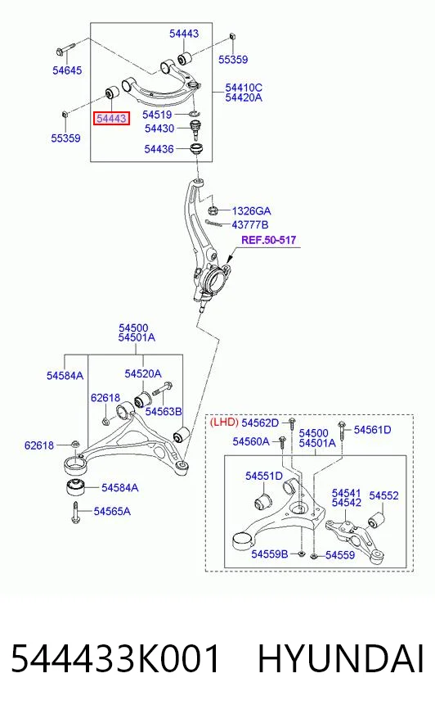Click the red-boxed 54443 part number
pos(111,119)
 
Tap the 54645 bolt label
pos(67,70)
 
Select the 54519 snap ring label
pos(157,115)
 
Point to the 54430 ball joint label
pos(159,129)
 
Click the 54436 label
pos(159,149)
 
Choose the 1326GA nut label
pos(251,210)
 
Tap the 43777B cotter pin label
pos(250,224)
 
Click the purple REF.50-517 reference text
pos(269,240)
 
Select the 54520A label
pos(143,374)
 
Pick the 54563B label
pos(164,412)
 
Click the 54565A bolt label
pos(112,512)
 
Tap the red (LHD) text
pos(224,423)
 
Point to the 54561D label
pos(372,430)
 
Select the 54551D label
pos(264,476)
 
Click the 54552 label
pos(383,495)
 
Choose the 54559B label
pos(270,554)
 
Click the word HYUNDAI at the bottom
pos(341,659)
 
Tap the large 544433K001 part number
pos(115,659)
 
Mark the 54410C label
pos(244,88)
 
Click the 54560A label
pos(251,441)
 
